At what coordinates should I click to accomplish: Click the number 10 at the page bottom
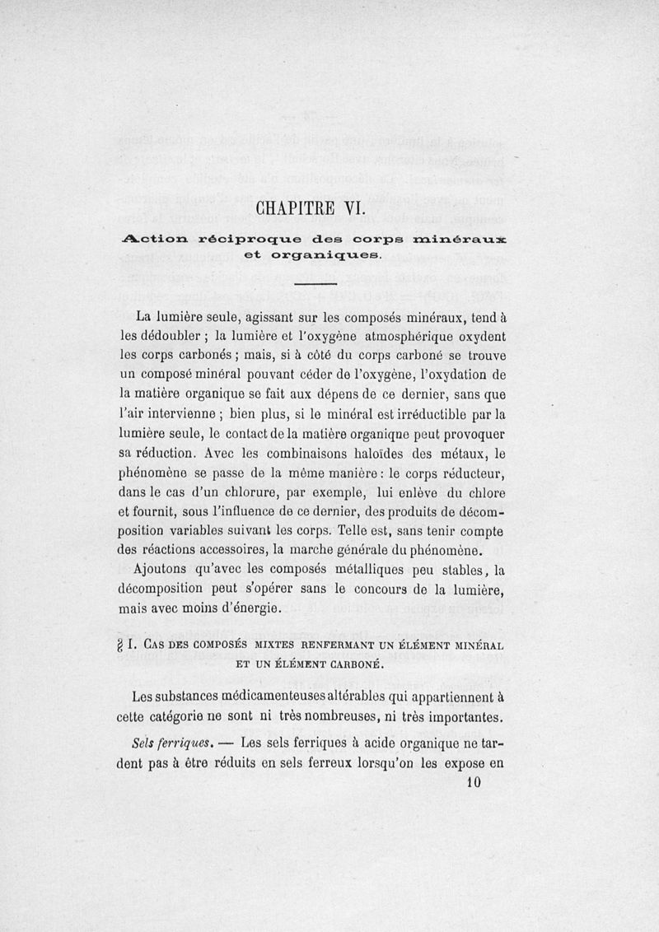(x=473, y=783)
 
